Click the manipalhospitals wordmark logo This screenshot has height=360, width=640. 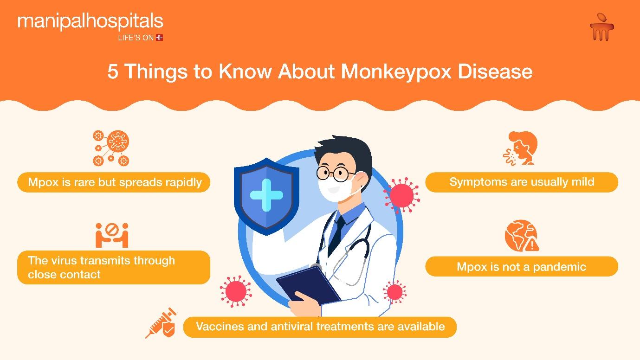click(x=91, y=22)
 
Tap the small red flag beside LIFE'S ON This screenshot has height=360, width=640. click(x=160, y=38)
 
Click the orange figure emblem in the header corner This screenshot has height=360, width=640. click(x=602, y=26)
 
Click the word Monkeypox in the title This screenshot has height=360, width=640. click(x=396, y=71)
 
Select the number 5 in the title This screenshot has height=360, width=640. click(x=113, y=71)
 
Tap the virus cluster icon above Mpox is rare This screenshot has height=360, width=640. click(x=111, y=148)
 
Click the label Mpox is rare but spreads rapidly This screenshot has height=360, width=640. click(x=115, y=182)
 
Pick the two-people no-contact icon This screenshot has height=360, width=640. click(x=112, y=235)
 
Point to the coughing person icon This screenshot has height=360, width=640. click(x=521, y=148)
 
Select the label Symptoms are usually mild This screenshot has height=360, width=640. click(x=522, y=182)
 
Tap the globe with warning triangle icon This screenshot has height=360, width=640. click(x=522, y=236)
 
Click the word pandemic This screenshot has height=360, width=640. click(x=559, y=267)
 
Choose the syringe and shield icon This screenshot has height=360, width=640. click(x=161, y=323)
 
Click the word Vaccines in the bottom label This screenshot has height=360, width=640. click(x=220, y=326)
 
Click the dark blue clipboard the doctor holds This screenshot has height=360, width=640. click(x=309, y=285)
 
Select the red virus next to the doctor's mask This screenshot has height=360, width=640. click(x=401, y=196)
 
